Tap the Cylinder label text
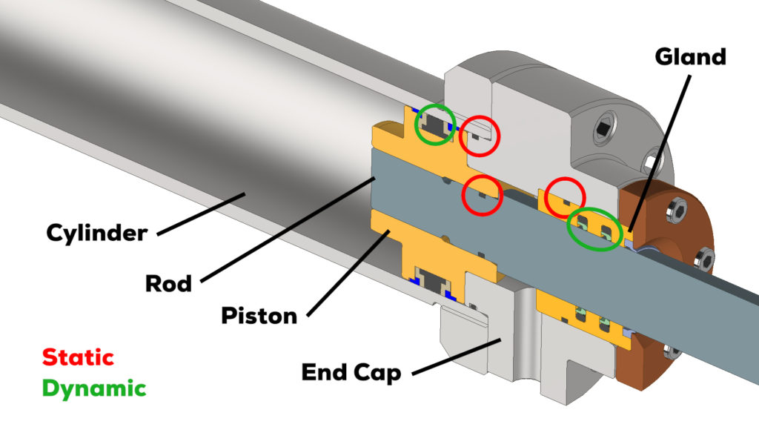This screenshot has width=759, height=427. tap(97, 234)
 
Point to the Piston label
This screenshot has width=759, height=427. tap(259, 315)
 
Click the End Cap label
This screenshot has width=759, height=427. tap(351, 371)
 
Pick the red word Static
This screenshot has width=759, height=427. tap(78, 357)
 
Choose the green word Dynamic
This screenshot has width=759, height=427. tap(94, 388)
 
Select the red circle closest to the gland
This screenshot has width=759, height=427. tap(566, 197)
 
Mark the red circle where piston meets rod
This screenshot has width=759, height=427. tap(482, 195)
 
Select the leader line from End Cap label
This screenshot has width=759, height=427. tap(457, 355)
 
